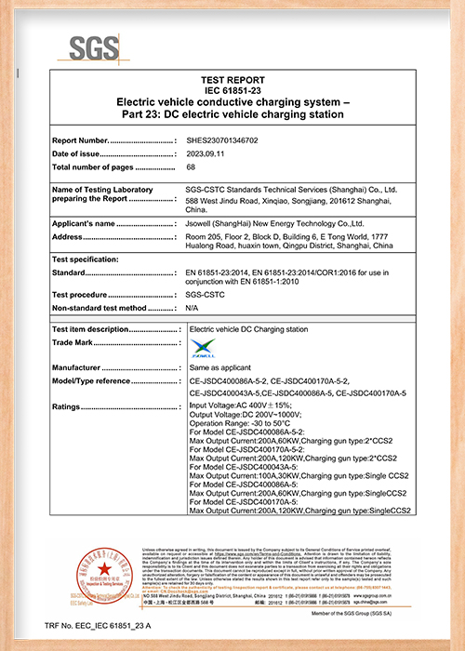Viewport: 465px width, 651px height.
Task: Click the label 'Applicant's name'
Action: click(83, 223)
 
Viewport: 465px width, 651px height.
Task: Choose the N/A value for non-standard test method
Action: click(192, 307)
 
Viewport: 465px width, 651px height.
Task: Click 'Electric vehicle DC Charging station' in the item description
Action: click(247, 329)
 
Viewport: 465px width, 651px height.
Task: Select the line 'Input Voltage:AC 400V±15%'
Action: click(240, 406)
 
